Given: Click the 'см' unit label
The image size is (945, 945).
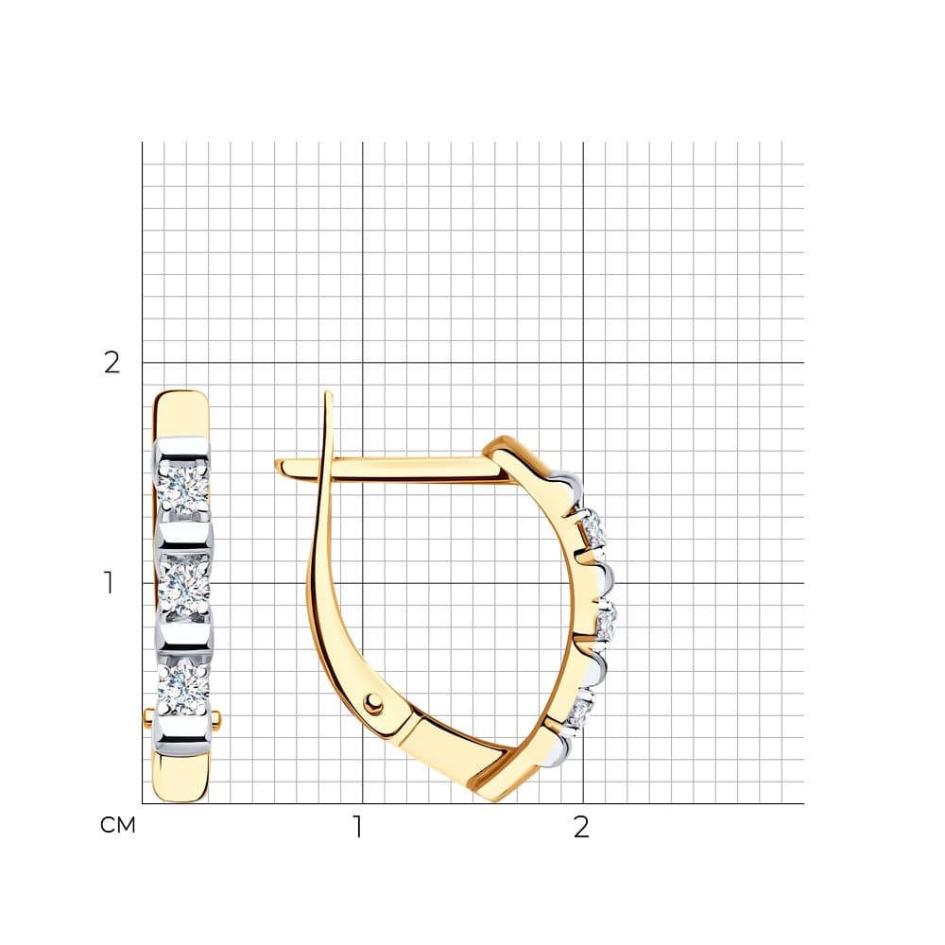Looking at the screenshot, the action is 117,825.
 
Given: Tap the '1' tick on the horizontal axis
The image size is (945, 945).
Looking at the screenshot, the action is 358,827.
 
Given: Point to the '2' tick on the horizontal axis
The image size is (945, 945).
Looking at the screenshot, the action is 581,827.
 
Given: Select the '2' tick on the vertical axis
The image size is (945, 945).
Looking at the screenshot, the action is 112,362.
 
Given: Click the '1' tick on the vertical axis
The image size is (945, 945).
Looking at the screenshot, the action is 109,583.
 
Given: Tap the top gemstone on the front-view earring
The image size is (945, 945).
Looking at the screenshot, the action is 182,489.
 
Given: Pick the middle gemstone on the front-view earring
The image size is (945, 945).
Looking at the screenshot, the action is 184,587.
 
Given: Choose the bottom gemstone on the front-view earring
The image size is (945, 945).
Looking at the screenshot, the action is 183,684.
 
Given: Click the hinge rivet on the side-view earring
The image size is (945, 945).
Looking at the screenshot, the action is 374,701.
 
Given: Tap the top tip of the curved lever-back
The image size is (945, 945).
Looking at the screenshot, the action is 328,392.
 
